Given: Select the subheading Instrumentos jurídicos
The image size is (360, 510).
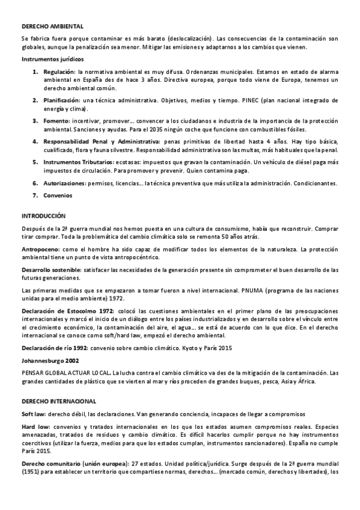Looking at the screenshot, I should pos(53,60).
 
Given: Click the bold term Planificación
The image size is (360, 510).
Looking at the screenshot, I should pos(62,100).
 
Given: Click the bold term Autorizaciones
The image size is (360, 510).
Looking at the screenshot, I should pos(64,183).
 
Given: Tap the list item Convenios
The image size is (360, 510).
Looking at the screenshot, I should pos(57,195).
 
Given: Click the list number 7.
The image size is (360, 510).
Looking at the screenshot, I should pos(35,195).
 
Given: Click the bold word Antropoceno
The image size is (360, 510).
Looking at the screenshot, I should pos(40,248).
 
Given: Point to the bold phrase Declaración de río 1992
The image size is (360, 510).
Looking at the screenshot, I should pos(55,348).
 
